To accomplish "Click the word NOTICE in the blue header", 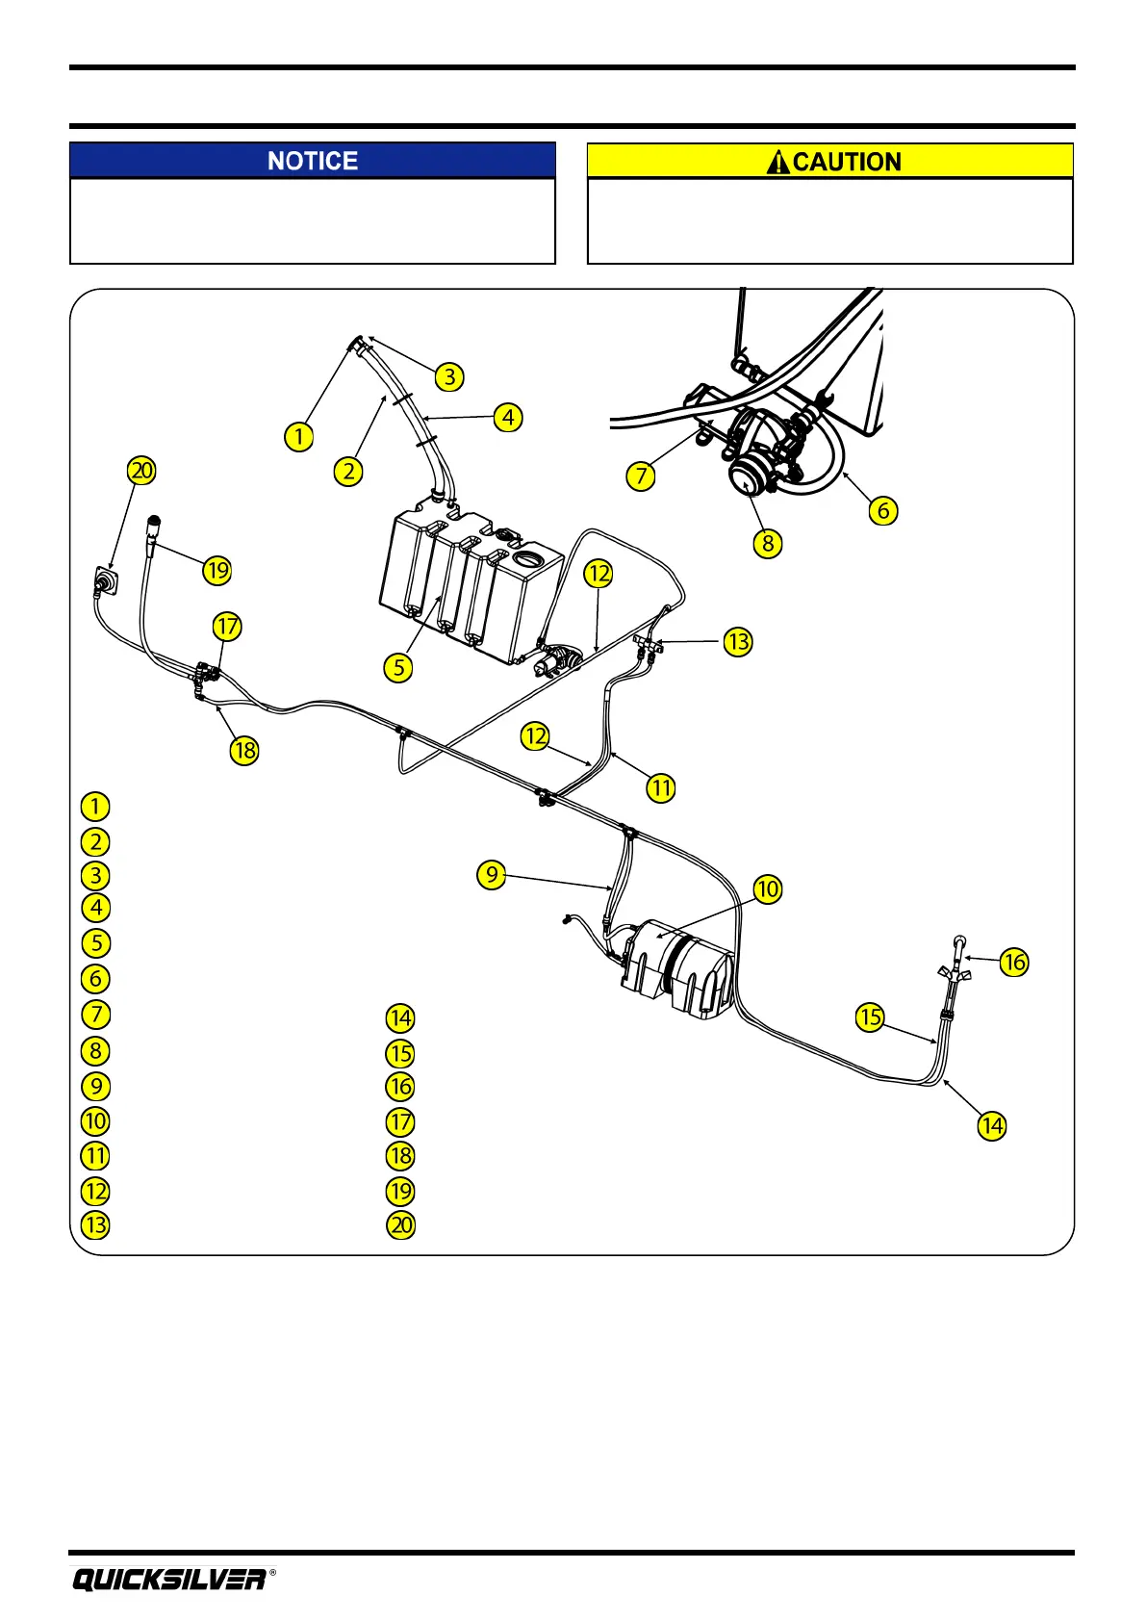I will coord(313,161).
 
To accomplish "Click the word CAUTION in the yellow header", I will coord(847,162).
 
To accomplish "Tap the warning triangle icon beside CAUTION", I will coord(777,162).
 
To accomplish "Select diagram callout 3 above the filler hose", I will coord(449,376).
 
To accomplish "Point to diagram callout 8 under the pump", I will coord(767,543).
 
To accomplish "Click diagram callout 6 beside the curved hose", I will coord(882,509).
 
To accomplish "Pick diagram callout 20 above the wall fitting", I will coord(141,471).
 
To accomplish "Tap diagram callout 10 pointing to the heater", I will coord(767,888).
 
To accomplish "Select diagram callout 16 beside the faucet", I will coord(1014,962).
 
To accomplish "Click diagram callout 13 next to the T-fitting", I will coord(738,641).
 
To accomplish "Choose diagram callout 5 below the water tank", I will coord(398,667).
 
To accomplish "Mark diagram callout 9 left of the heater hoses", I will coord(492,874).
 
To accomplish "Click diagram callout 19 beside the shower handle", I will coord(217,570).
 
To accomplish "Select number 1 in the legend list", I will coord(95,806).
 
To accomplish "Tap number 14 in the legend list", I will coord(400,1017).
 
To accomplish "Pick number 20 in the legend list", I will coord(400,1225).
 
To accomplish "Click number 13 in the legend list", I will coord(95,1225).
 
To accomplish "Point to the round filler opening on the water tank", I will coord(527,558).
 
